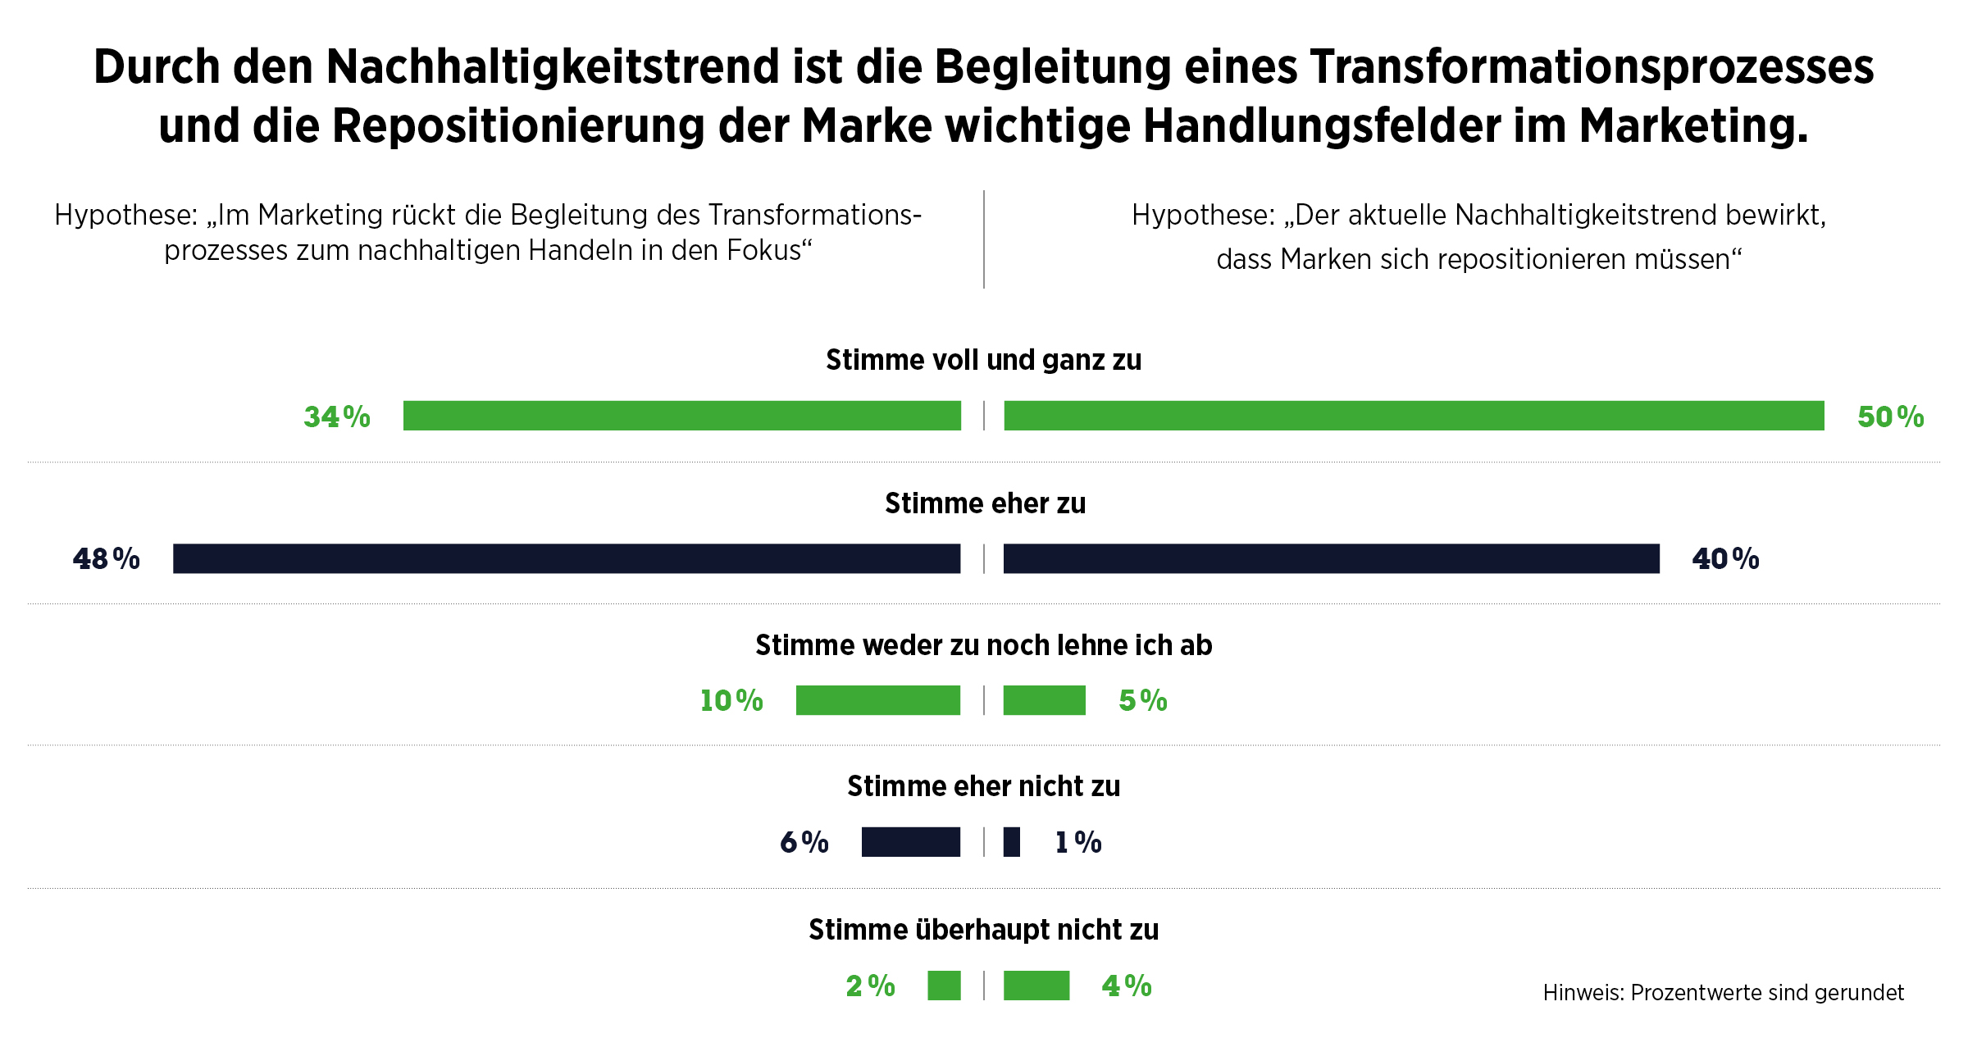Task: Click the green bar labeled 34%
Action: (681, 416)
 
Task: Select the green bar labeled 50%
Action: (1414, 416)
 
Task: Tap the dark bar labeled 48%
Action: (567, 558)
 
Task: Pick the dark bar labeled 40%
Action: (1331, 558)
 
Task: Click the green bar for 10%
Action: (877, 700)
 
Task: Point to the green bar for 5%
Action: (1044, 700)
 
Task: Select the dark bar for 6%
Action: (910, 842)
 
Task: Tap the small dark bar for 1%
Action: (1012, 842)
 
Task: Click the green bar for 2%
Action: (944, 986)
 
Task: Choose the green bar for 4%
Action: (1036, 986)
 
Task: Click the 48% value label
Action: (106, 559)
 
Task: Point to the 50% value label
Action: (1890, 417)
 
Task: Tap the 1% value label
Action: (1077, 842)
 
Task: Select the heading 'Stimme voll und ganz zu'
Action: (983, 360)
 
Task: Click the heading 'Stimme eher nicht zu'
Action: (983, 786)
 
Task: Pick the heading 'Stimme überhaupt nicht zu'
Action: (983, 930)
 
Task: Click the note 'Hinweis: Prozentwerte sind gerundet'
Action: (1723, 993)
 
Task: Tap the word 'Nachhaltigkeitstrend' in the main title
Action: (553, 67)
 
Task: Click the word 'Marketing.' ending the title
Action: (1693, 126)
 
